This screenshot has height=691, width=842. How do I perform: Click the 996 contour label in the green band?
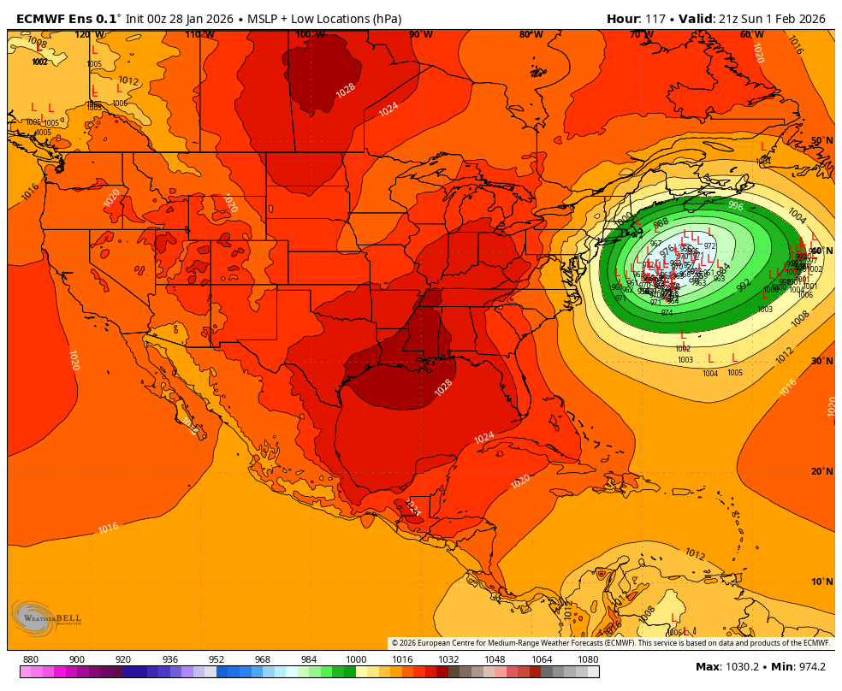735,205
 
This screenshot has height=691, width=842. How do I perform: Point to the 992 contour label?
743,284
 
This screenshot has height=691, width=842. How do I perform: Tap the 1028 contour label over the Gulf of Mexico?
443,387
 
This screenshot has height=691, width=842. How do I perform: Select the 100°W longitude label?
310,34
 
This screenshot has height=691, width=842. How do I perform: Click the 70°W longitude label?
641,34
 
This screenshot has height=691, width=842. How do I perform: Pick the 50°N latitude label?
821,140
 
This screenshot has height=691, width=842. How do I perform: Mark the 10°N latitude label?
821,582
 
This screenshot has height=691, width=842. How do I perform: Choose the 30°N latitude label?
821,361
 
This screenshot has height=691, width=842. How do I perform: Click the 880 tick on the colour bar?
31,659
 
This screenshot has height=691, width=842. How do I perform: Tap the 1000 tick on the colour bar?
356,659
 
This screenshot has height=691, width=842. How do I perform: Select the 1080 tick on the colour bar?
588,659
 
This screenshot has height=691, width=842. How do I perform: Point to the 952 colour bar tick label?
216,659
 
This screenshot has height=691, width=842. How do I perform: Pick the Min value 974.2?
809,667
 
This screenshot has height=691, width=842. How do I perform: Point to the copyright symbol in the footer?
394,643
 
